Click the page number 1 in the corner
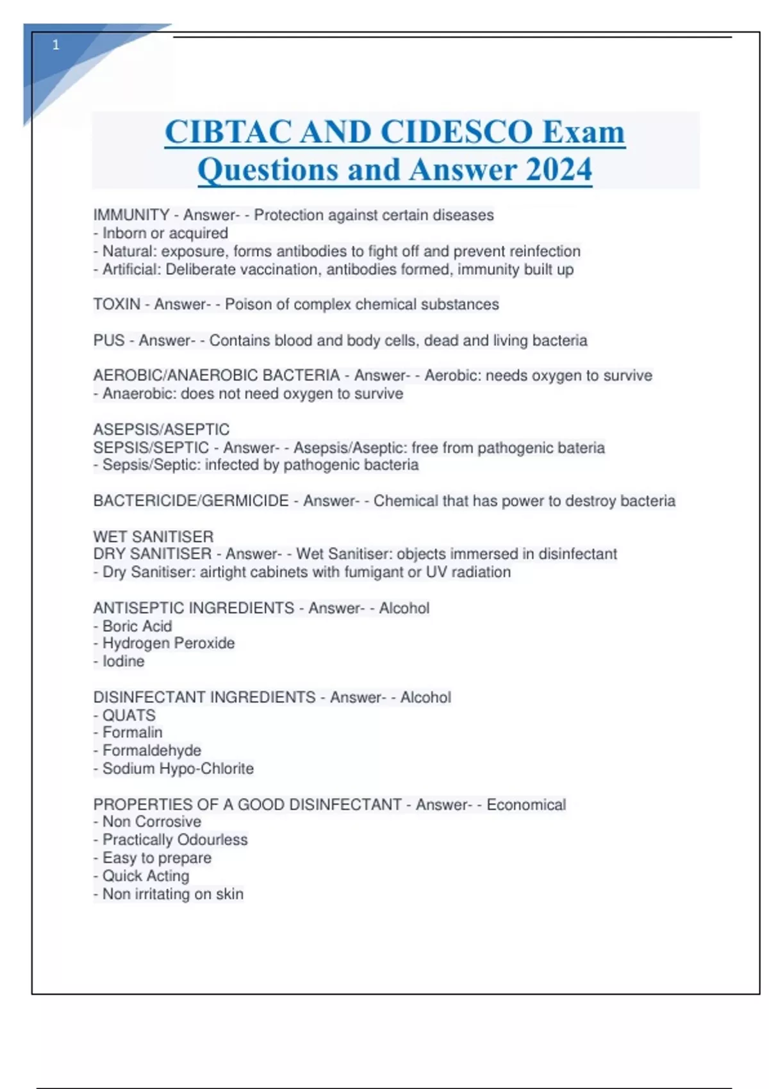pos(56,45)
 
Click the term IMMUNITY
pos(131,215)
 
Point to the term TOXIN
pos(117,304)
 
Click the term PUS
pos(109,340)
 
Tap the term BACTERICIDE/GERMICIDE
pos(191,501)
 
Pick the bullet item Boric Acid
pos(137,626)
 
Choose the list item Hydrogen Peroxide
pos(169,643)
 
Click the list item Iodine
pos(124,661)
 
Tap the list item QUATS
pos(129,715)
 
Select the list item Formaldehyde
pos(152,750)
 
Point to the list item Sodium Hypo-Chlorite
pos(178,768)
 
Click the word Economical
pos(526,805)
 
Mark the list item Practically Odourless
pos(175,840)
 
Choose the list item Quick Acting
pos(146,876)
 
